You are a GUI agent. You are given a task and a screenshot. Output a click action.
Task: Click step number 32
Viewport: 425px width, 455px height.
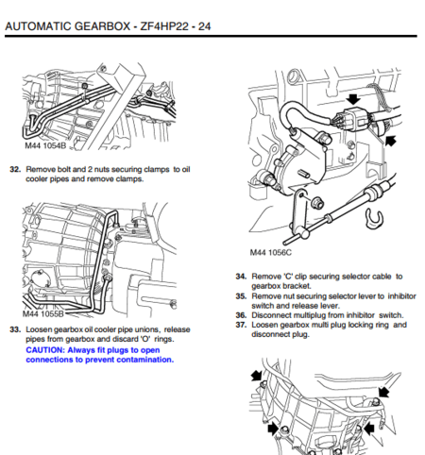click(16, 169)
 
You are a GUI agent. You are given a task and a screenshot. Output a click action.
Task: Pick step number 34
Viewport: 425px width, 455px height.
click(241, 277)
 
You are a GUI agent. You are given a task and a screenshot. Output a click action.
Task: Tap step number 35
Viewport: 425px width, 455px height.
click(241, 295)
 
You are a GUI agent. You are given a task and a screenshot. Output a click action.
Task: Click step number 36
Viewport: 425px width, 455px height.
click(241, 314)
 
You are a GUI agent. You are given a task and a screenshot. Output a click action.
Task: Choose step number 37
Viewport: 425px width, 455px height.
click(241, 324)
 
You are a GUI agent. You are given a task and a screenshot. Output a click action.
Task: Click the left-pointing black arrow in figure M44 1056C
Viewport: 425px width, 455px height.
click(390, 140)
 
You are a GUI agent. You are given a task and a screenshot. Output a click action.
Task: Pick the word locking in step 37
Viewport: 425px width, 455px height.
click(345, 324)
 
